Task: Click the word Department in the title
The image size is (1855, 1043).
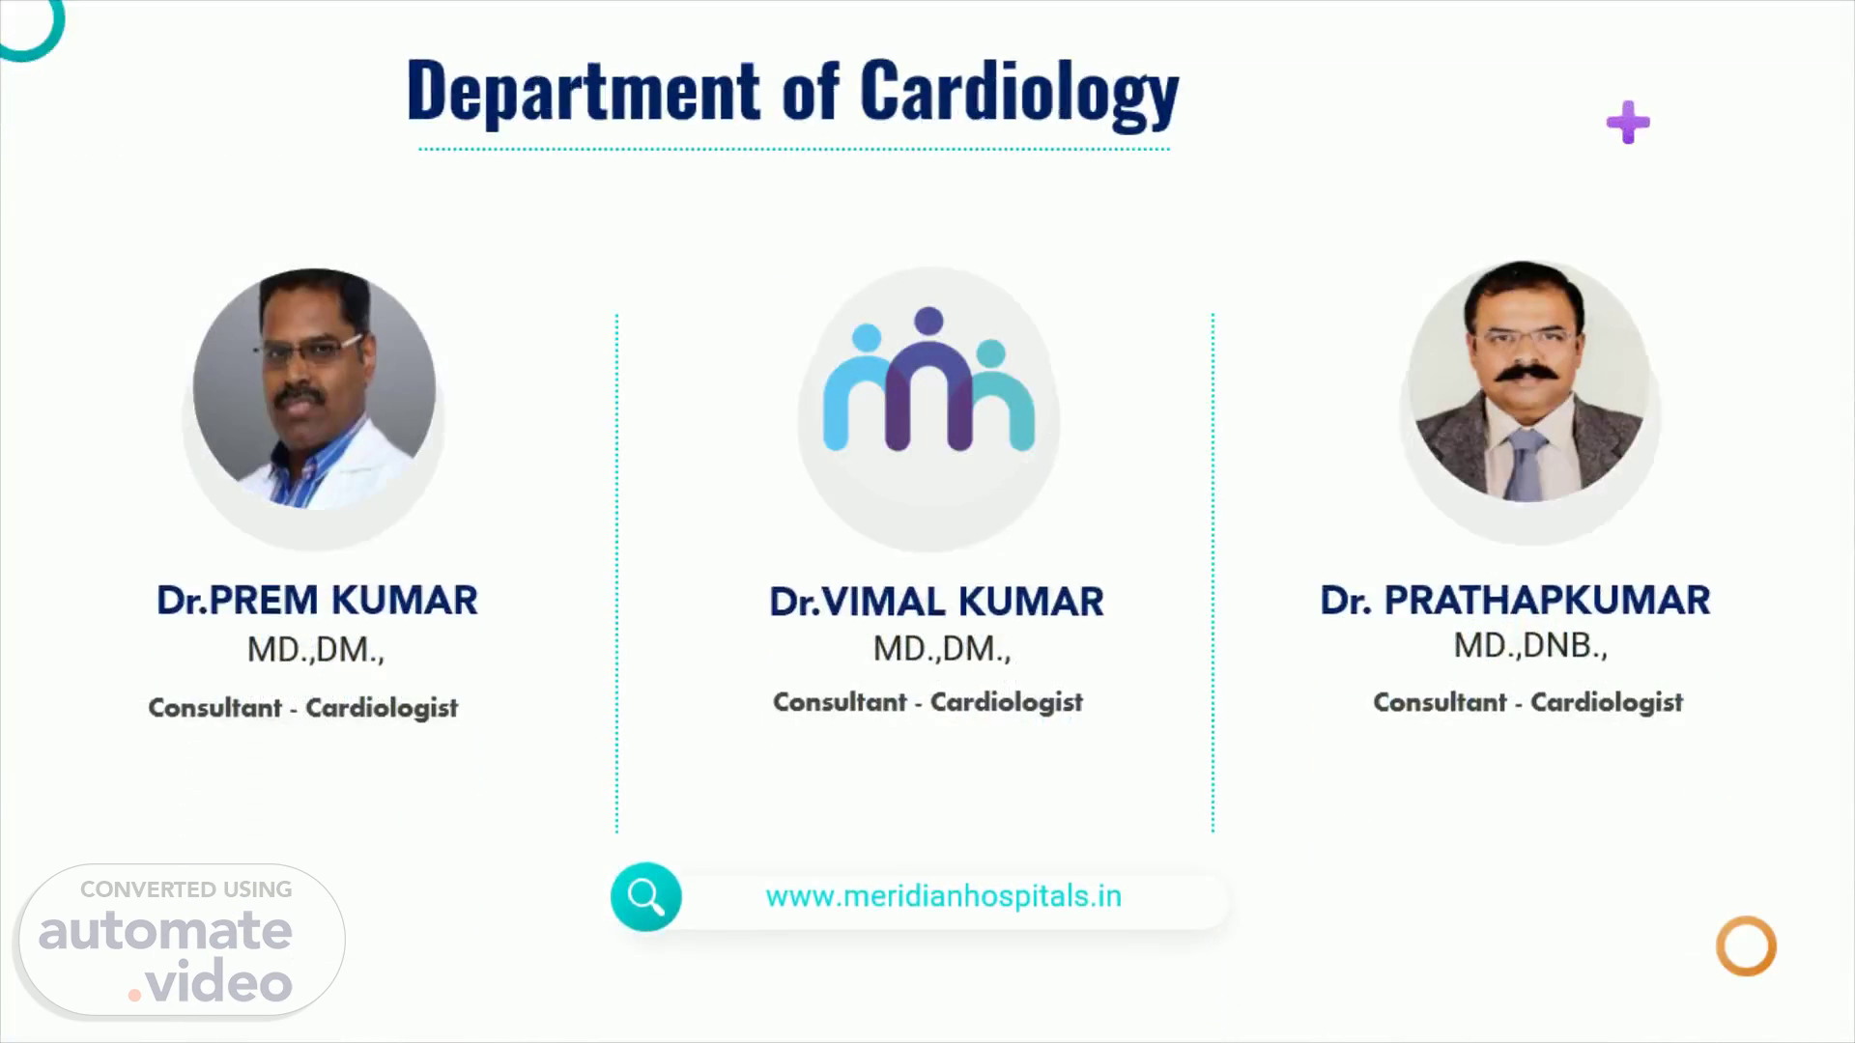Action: click(584, 90)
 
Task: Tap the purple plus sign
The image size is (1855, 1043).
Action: click(1628, 123)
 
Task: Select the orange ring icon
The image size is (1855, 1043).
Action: click(1746, 918)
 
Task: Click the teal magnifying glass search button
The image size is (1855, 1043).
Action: click(645, 896)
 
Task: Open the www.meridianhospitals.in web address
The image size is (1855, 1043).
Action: click(943, 896)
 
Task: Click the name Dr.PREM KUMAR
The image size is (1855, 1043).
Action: click(317, 600)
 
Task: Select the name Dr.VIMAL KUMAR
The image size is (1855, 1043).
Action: click(936, 602)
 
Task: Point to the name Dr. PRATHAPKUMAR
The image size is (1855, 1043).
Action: click(1515, 600)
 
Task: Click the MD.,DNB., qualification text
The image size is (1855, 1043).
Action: click(1530, 646)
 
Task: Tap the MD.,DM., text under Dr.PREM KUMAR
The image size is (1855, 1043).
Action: click(316, 650)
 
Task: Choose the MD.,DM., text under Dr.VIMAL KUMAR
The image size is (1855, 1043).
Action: click(942, 649)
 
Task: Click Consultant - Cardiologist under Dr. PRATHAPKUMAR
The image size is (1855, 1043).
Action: click(1528, 702)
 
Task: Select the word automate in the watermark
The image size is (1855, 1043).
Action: click(165, 931)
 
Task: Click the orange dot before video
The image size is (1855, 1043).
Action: click(135, 994)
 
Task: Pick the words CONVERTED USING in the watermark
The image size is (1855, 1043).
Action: click(186, 889)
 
